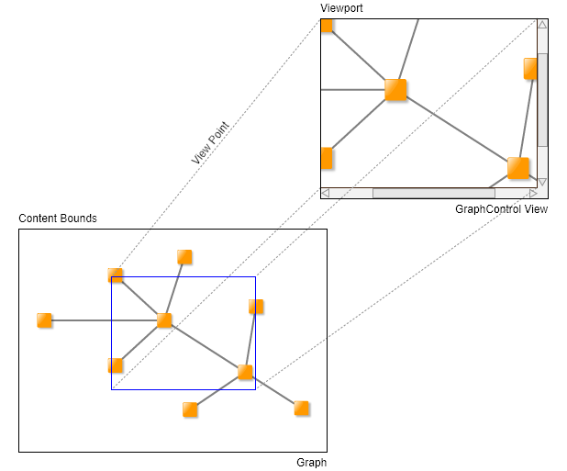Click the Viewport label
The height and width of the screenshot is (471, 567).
341,8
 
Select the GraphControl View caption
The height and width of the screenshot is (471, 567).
501,209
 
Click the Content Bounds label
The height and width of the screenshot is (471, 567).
58,219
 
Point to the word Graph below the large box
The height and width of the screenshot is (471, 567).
311,463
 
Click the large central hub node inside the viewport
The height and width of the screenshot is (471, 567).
395,89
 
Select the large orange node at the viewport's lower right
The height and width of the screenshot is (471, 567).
518,168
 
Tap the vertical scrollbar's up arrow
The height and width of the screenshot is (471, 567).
542,26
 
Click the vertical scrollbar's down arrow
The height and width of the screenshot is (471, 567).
542,181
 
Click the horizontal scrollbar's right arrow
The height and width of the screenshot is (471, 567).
532,194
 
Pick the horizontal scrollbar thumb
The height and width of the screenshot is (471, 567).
433,194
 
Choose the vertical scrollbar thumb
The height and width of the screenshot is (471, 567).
542,99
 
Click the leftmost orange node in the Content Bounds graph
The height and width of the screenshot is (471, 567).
44,320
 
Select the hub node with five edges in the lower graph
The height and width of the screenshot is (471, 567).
164,320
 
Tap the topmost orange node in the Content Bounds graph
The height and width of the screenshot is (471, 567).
184,257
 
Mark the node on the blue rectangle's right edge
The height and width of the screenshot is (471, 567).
256,307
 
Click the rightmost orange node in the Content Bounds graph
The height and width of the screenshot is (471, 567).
302,408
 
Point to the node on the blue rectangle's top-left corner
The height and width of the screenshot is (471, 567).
116,275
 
